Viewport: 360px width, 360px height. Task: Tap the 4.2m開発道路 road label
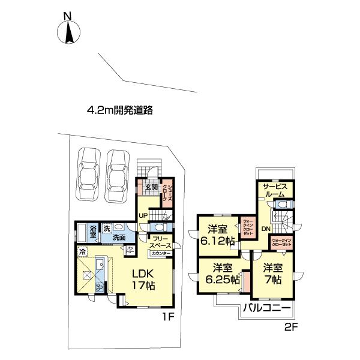pyautogui.click(x=120, y=110)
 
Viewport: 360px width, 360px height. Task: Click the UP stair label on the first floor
pyautogui.click(x=143, y=215)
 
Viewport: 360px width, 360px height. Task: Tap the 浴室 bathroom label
pyautogui.click(x=93, y=232)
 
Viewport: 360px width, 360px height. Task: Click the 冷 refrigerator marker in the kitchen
pyautogui.click(x=82, y=252)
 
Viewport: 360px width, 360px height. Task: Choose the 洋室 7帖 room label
pyautogui.click(x=272, y=274)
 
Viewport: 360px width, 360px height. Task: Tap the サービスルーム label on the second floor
pyautogui.click(x=275, y=190)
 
